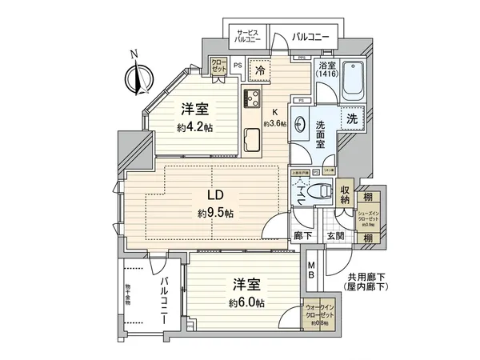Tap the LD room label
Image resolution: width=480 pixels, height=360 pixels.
click(214, 195)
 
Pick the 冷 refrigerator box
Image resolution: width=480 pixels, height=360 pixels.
click(260, 70)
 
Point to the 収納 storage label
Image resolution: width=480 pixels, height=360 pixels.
click(345, 195)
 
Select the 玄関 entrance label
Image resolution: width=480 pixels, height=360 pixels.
click(335, 237)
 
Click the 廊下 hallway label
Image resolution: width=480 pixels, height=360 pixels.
click(302, 237)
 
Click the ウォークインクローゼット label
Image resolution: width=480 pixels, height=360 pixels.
click(321, 310)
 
